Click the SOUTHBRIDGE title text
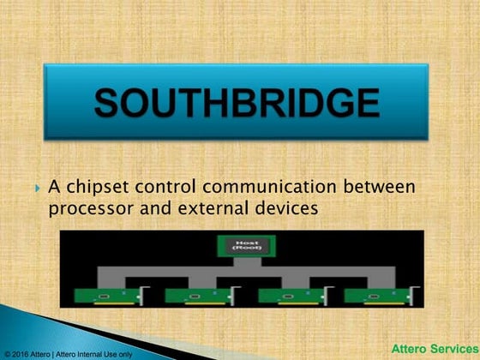point(236,104)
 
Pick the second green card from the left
point(193,295)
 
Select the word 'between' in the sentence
point(380,187)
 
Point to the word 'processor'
point(89,207)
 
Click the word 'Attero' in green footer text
point(410,349)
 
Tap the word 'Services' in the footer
point(453,349)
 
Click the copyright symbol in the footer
point(7,353)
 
